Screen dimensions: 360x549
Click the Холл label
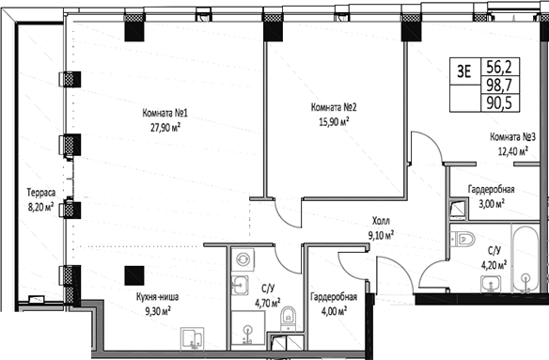[x=379, y=223]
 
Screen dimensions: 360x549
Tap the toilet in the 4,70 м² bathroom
[x=289, y=319]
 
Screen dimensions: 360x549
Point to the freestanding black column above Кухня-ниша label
[x=135, y=276]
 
